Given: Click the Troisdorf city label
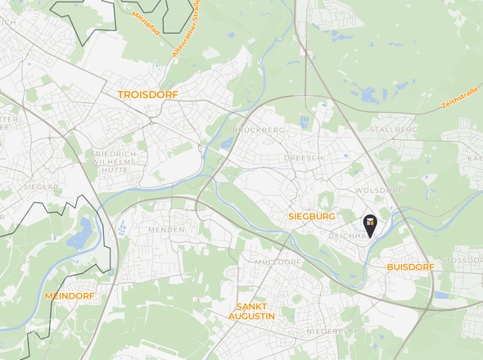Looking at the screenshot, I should [x=147, y=95].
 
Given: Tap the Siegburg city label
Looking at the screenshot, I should [x=312, y=216].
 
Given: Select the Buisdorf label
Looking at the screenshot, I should [x=409, y=267].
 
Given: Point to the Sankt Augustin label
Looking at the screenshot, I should [x=251, y=310].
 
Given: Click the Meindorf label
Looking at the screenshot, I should [x=70, y=295].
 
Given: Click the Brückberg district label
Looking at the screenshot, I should [x=257, y=129].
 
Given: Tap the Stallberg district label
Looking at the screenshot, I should [x=393, y=129].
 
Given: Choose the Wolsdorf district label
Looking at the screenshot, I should [x=378, y=190].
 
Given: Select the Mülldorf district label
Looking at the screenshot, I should [x=278, y=262].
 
